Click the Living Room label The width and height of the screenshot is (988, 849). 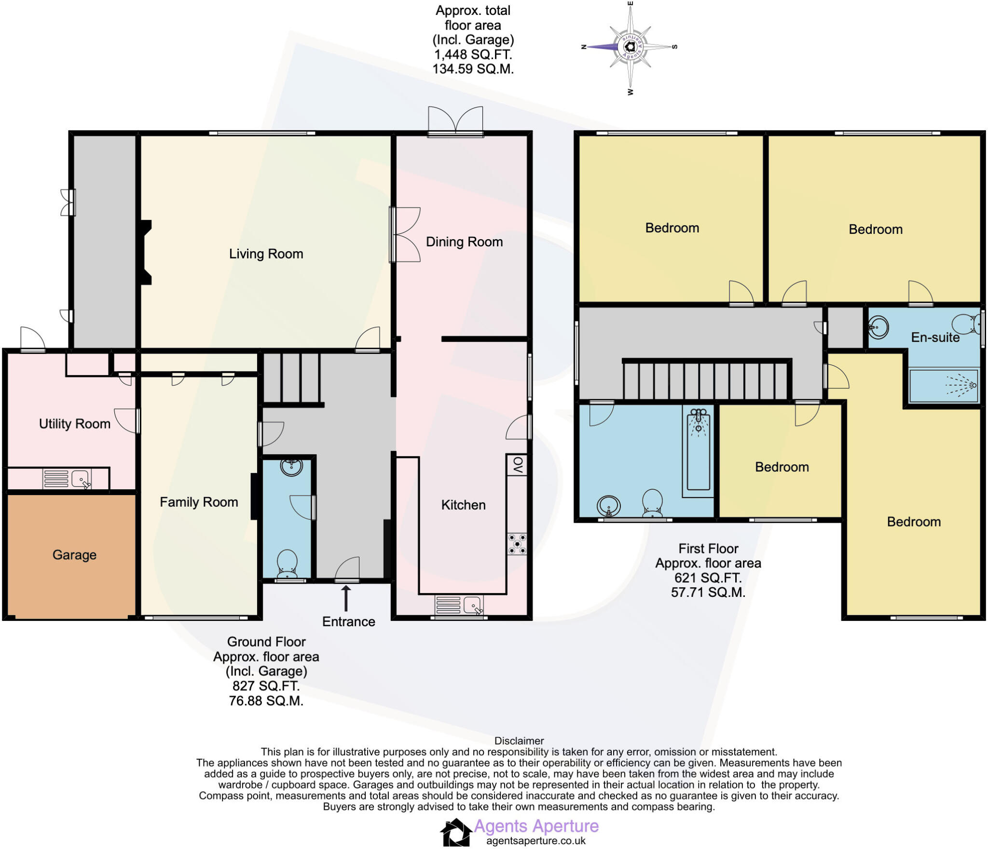click(x=266, y=254)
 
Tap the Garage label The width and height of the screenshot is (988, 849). click(x=74, y=555)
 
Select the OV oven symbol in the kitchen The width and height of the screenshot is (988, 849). click(x=517, y=465)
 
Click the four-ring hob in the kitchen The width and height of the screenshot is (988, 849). click(x=517, y=544)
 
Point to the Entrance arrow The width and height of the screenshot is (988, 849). click(x=346, y=598)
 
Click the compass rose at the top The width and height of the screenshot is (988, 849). click(x=630, y=47)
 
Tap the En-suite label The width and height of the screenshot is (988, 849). click(x=935, y=337)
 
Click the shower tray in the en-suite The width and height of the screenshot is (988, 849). click(x=944, y=386)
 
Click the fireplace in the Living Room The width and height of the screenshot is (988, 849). click(x=145, y=252)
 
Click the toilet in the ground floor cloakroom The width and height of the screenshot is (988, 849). click(x=287, y=564)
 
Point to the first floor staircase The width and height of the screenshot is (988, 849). click(x=707, y=381)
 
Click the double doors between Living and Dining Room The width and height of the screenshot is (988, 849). click(x=404, y=235)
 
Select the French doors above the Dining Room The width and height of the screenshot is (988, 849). click(x=455, y=122)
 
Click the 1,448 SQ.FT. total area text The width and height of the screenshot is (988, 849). click(x=473, y=54)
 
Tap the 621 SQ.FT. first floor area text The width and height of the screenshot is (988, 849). click(x=708, y=578)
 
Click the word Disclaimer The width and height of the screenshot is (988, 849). click(x=519, y=741)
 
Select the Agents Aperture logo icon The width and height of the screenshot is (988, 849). click(x=455, y=832)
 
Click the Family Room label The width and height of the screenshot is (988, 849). click(x=199, y=502)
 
